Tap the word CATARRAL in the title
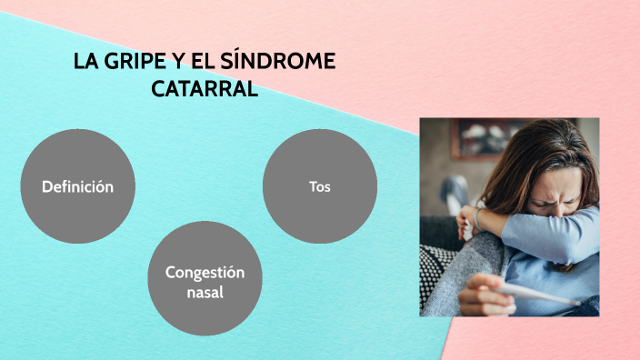pos(204,89)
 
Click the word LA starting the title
pos(85,63)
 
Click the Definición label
pos(77,186)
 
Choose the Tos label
pos(319,186)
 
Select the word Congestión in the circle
pos(205,272)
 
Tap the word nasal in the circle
pos(205,293)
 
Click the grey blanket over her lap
pos(455,282)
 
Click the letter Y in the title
pos(186,63)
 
